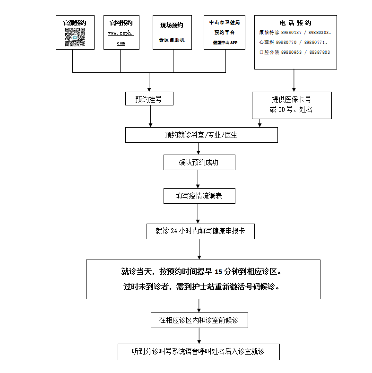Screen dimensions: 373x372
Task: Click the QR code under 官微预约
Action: (x=74, y=37)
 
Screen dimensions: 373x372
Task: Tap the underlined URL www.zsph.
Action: (x=121, y=33)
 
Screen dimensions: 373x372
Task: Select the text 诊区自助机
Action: (x=172, y=40)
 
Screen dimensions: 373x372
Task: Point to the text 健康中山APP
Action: (x=225, y=43)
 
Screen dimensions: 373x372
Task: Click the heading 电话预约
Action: (x=295, y=23)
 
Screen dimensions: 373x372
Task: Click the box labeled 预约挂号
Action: (x=149, y=99)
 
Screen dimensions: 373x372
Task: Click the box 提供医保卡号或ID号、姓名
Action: (x=291, y=105)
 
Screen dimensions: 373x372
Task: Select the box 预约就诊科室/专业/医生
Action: (x=201, y=135)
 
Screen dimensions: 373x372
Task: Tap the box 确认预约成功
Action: (x=199, y=162)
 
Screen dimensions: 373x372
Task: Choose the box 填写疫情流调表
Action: (x=199, y=196)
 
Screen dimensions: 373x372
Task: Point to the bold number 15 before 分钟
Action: (x=218, y=272)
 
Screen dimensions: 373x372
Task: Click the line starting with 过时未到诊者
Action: (x=201, y=286)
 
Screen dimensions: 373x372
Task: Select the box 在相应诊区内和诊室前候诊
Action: (x=199, y=320)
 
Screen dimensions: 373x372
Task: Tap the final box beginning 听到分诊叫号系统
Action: (x=198, y=352)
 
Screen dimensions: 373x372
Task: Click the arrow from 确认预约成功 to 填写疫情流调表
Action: (x=198, y=179)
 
